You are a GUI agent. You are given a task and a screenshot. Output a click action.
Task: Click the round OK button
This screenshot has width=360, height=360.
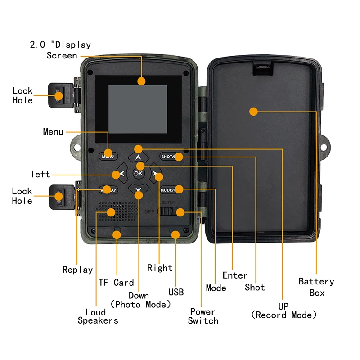[138, 174]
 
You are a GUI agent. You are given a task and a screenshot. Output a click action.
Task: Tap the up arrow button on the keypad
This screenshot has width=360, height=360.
[139, 157]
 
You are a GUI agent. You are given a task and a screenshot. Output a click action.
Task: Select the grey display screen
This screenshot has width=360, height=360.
[138, 109]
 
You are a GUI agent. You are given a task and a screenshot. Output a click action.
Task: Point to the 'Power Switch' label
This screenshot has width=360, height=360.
[203, 316]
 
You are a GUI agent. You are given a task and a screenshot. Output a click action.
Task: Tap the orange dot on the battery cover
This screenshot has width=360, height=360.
[253, 112]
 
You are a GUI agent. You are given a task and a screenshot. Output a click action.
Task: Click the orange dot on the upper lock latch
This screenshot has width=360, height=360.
[58, 95]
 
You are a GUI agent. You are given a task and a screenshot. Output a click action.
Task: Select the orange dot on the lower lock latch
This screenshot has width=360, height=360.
[58, 196]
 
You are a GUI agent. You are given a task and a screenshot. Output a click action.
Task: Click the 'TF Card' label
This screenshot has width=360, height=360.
[116, 283]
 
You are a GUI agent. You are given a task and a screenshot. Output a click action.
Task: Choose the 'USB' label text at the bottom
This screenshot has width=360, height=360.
[176, 292]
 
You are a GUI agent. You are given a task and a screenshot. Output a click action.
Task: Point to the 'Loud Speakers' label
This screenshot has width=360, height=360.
[98, 316]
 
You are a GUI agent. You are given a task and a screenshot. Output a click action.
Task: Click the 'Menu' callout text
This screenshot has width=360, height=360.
[53, 132]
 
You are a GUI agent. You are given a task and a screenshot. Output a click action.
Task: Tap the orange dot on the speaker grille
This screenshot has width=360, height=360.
[111, 212]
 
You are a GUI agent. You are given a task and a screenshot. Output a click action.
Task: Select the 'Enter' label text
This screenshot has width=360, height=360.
[235, 275]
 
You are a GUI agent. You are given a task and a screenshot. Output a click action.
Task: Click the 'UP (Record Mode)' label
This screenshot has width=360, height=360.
[284, 310]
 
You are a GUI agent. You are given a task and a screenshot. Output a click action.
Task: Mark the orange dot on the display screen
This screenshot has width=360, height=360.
[141, 81]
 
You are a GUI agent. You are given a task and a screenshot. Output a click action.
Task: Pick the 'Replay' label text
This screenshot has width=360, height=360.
[77, 270]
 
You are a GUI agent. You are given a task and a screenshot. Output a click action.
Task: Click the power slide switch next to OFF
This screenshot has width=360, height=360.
[166, 211]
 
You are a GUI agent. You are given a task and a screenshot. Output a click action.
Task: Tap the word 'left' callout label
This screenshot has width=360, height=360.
[40, 174]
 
